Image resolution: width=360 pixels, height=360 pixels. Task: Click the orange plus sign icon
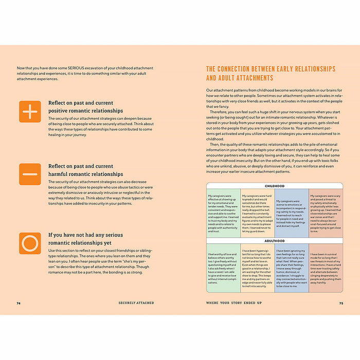(30, 111)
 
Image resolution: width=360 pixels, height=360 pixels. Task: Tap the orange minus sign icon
(30, 174)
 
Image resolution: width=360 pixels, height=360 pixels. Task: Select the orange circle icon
(30, 243)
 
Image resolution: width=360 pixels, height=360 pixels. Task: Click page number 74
(19, 303)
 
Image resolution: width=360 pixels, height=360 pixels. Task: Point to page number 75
(341, 303)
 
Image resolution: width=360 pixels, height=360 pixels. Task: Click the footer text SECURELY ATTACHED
(137, 303)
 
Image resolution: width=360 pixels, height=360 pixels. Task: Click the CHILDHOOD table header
(275, 186)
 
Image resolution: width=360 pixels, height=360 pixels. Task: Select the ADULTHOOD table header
(275, 241)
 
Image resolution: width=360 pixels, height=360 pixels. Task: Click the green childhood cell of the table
(223, 213)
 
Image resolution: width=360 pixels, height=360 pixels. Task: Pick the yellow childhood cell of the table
(258, 213)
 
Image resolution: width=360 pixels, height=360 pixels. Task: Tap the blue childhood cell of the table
(292, 213)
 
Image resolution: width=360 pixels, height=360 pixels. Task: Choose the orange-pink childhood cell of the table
(326, 213)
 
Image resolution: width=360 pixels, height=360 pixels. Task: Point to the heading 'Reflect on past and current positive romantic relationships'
(85, 106)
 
